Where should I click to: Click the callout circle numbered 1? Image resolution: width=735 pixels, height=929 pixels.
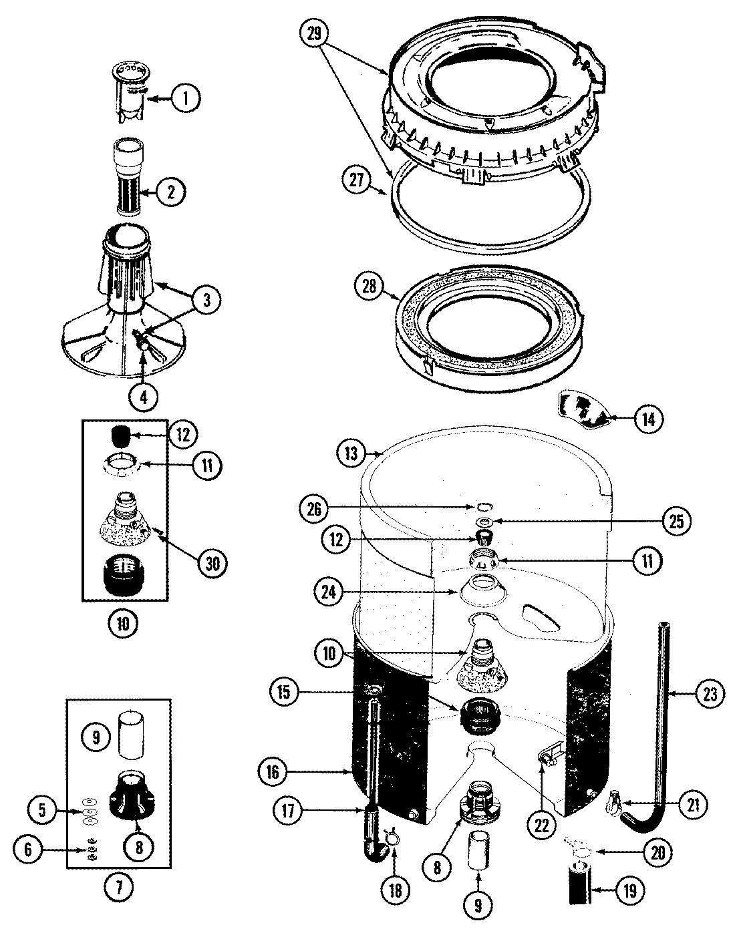[185, 99]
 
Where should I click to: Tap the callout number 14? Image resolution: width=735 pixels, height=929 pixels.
[647, 419]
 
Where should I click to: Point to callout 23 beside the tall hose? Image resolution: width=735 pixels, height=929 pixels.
[709, 694]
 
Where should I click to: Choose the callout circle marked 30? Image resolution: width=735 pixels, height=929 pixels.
[212, 564]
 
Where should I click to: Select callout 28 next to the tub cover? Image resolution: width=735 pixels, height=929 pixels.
[370, 288]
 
